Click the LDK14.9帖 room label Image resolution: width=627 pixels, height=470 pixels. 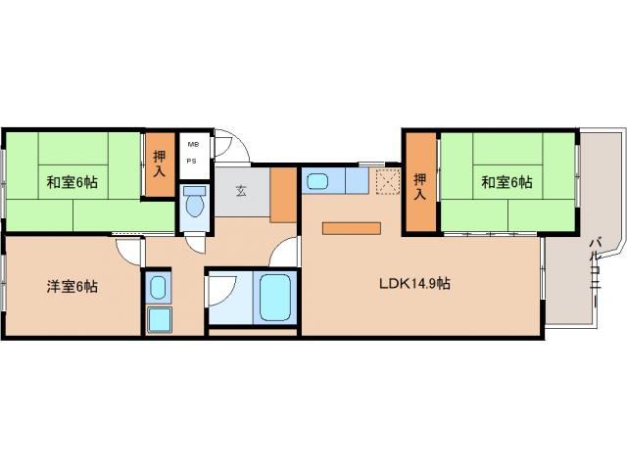click(x=414, y=283)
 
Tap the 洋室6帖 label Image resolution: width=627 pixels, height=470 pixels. click(x=72, y=287)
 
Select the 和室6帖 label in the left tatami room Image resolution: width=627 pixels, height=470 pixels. click(x=72, y=182)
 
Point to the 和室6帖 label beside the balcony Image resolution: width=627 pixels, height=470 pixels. click(x=506, y=182)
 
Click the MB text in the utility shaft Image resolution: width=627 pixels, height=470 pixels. click(x=193, y=145)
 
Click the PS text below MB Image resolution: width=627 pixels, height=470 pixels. click(x=192, y=162)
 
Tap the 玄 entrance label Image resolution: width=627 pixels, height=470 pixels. click(x=241, y=191)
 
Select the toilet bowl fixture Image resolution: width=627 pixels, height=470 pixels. click(x=195, y=202)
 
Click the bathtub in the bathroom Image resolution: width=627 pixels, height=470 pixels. click(x=274, y=297)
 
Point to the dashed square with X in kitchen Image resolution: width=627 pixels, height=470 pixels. click(x=388, y=182)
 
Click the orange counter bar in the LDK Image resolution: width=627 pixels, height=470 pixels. click(x=352, y=228)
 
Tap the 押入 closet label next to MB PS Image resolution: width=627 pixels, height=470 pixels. click(x=160, y=164)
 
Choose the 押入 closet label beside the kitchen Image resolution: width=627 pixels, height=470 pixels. click(x=419, y=187)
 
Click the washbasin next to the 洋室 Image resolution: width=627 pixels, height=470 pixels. click(x=158, y=287)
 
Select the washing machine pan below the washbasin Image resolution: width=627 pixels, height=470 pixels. click(x=159, y=320)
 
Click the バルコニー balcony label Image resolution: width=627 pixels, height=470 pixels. click(x=597, y=272)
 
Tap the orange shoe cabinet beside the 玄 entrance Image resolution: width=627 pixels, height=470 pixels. click(x=283, y=195)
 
